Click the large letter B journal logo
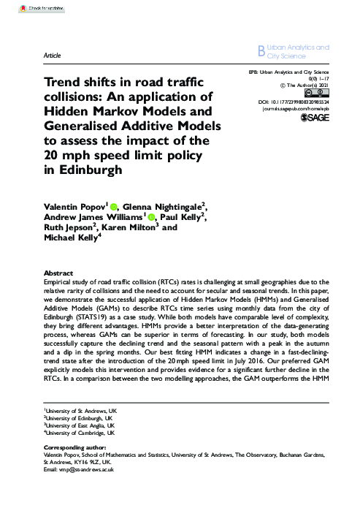pyautogui.click(x=263, y=50)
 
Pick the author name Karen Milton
pyautogui.click(x=126, y=228)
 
